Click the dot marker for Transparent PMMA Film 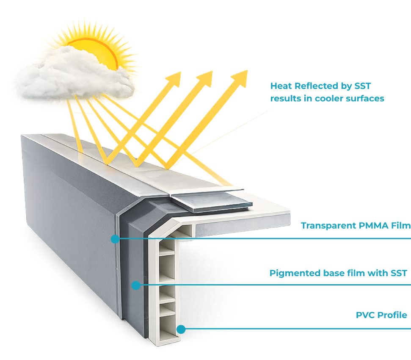pyautogui.click(x=115, y=239)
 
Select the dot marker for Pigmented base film pyautogui.click(x=135, y=285)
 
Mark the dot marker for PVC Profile pyautogui.click(x=181, y=329)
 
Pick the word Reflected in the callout pyautogui.click(x=312, y=86)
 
